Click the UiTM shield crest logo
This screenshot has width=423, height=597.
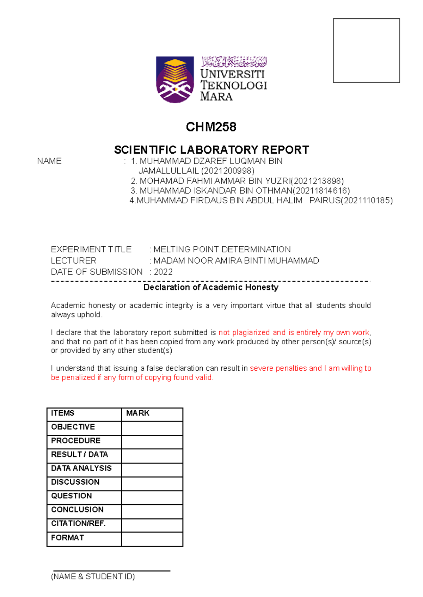coord(175,79)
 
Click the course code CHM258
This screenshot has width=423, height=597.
coord(211,127)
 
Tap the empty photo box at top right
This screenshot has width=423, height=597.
coord(366,50)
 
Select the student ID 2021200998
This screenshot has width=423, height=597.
coord(227,171)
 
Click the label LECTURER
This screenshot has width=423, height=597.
coord(73,261)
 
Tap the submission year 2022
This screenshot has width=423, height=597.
coord(163,272)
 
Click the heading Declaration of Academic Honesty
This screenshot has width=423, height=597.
coord(211,287)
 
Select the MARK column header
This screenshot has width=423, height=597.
coord(138,413)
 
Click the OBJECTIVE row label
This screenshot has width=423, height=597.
coord(73,427)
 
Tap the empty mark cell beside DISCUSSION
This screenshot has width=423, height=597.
coord(152,482)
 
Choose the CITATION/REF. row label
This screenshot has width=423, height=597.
coord(78,524)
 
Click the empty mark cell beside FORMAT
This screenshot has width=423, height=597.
coord(152,538)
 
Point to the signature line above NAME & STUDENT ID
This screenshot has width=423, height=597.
coord(111,570)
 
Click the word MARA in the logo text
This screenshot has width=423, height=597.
coord(216,97)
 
